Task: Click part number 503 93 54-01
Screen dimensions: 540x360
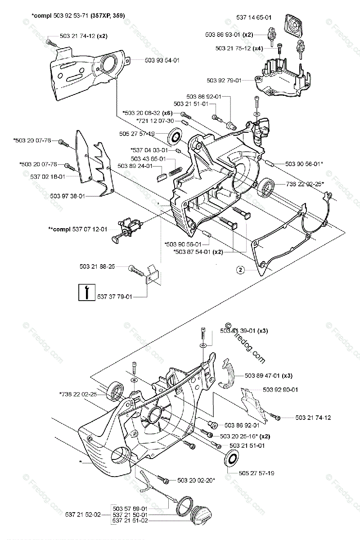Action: point(162,59)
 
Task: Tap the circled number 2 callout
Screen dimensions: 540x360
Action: point(241,270)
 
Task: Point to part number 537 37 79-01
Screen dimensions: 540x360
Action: point(115,297)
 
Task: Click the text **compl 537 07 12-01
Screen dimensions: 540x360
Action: point(78,229)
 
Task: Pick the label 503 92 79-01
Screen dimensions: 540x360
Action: point(224,80)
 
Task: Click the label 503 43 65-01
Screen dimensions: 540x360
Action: point(148,158)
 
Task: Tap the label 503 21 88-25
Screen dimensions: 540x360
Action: point(97,267)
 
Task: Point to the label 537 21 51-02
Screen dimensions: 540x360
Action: point(129,521)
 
